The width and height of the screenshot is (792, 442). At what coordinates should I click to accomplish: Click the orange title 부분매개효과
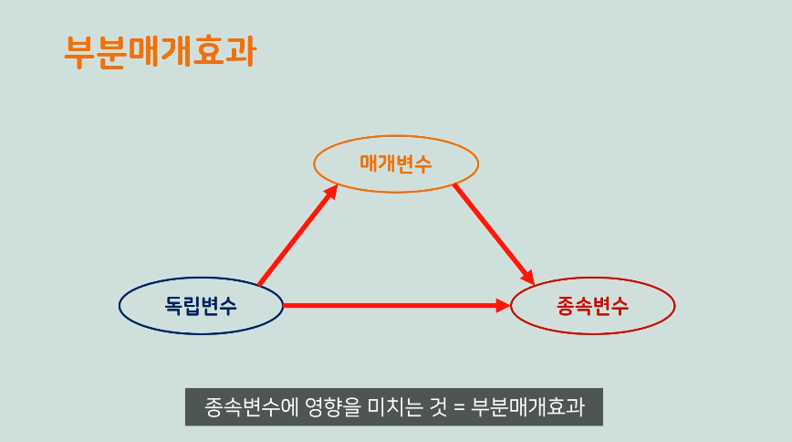coord(159,51)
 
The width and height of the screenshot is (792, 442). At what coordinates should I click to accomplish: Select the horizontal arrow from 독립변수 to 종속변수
coord(392,305)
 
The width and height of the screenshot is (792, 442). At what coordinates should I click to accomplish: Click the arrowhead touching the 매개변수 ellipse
coord(330,193)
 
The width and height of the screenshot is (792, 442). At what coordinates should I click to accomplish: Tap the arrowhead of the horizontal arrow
coord(503,305)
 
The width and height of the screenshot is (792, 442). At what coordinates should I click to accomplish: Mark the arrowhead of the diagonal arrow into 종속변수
coord(526,275)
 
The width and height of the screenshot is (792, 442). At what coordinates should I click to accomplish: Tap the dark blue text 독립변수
coord(202,305)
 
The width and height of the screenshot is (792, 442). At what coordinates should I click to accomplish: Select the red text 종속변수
coord(592,305)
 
